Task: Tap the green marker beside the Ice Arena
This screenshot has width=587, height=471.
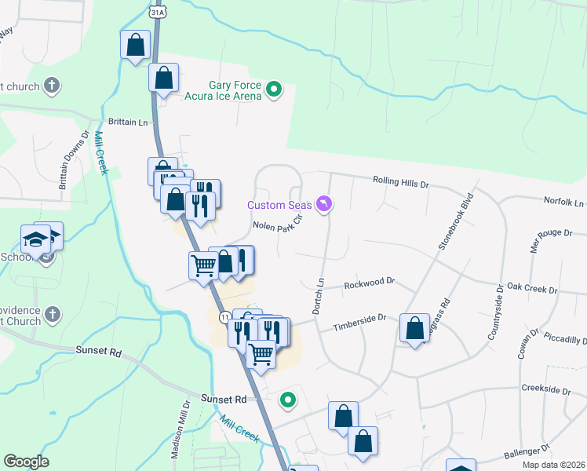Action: (x=274, y=90)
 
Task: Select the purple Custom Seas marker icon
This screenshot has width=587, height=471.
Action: (x=323, y=205)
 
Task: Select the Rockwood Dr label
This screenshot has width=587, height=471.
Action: (x=369, y=284)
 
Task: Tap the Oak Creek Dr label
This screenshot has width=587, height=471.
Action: (x=531, y=289)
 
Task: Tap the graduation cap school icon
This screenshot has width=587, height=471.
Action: (x=35, y=239)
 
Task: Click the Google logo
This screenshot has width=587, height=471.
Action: (x=26, y=462)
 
